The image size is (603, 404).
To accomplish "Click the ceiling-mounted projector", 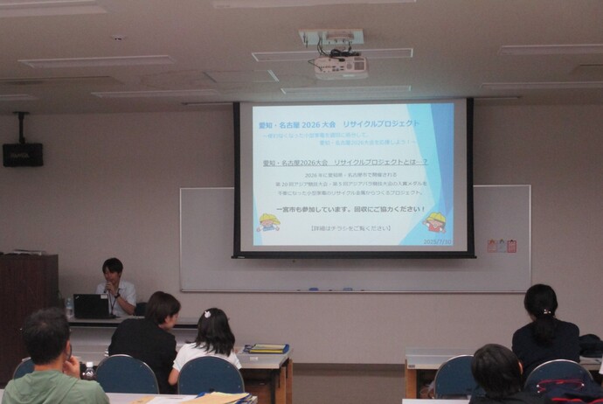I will click(x=340, y=66).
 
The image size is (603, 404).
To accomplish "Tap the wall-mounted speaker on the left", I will click(x=22, y=154).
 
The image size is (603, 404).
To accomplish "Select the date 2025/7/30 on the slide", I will click(x=438, y=241).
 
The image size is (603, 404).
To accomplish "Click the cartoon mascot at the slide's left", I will click(x=268, y=222).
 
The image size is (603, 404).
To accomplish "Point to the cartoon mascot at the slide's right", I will click(x=434, y=222).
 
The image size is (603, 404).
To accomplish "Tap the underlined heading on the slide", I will click(x=344, y=163).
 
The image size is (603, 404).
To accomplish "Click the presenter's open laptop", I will click(x=91, y=306).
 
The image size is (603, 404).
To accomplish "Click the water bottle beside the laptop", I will click(x=69, y=308).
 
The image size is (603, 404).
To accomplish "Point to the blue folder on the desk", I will click(x=266, y=348).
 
